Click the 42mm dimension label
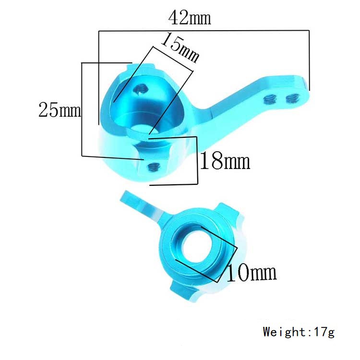pos(190,18)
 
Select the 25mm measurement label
pos(60,111)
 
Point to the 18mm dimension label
pos(225,161)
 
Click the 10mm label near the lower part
pos(251,273)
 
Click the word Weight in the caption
pos(284,331)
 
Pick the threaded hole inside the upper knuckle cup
pos(141,88)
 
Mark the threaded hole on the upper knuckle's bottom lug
pos(154,167)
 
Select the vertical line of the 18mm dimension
pos(197,160)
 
